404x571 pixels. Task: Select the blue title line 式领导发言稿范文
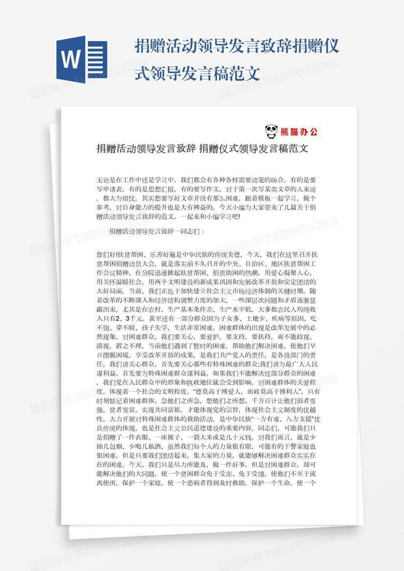point(197,73)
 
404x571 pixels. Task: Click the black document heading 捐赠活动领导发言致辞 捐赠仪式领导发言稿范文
point(203,149)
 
